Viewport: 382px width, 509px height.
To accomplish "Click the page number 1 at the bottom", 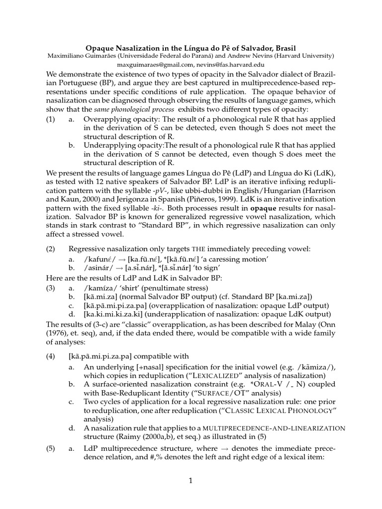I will click(190, 481).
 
